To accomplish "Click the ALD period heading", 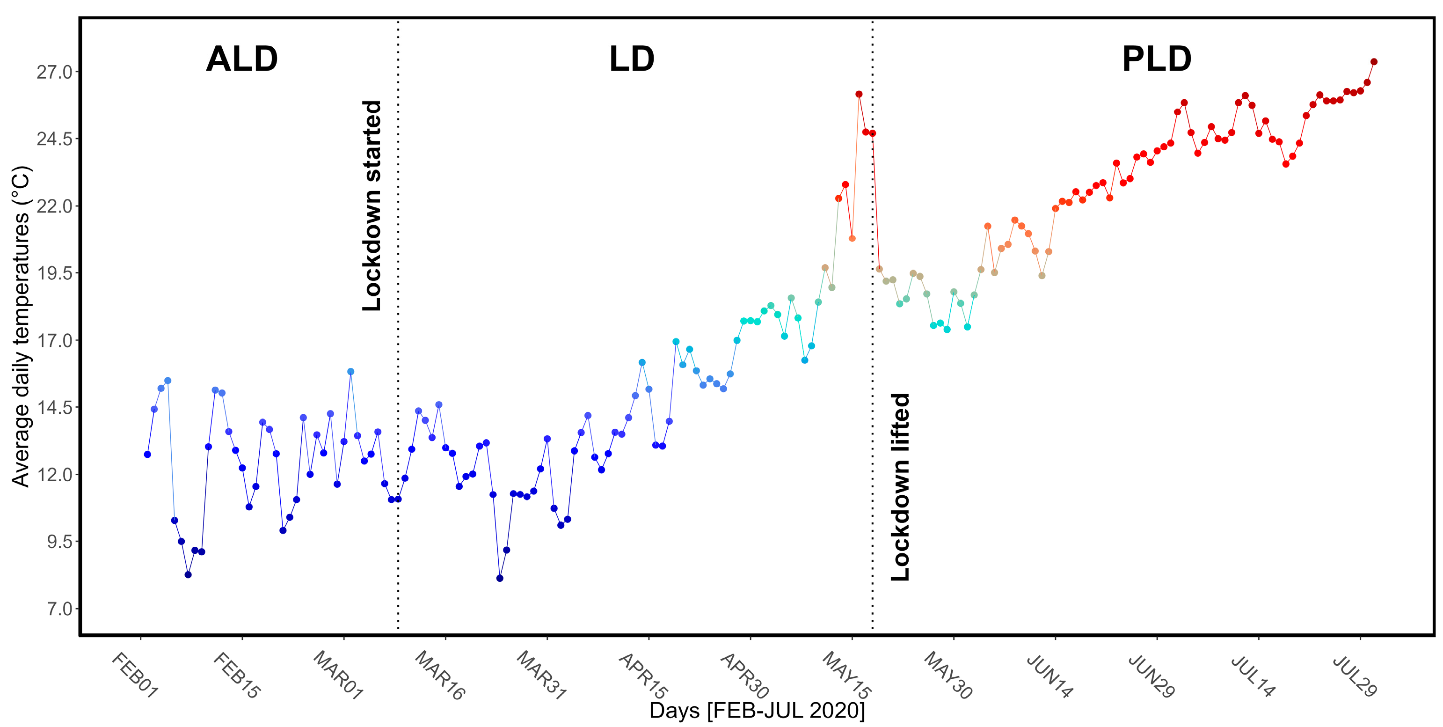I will (241, 59).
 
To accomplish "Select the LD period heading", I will (631, 59).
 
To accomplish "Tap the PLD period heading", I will (1156, 59).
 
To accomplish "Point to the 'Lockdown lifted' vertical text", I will (900, 486).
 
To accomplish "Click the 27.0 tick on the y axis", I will (54, 72).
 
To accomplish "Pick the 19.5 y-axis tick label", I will (54, 273).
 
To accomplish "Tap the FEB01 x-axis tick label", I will (134, 676).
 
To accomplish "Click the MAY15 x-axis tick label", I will (846, 676).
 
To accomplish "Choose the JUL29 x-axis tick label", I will (1355, 676).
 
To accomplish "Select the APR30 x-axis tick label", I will (745, 676).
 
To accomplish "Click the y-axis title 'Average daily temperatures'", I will (21, 326).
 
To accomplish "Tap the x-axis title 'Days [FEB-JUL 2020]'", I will (757, 711).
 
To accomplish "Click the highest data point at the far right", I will (1374, 62).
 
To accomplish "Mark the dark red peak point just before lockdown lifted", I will (859, 94).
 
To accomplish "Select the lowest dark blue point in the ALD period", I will (188, 574).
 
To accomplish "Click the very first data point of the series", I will (147, 455).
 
